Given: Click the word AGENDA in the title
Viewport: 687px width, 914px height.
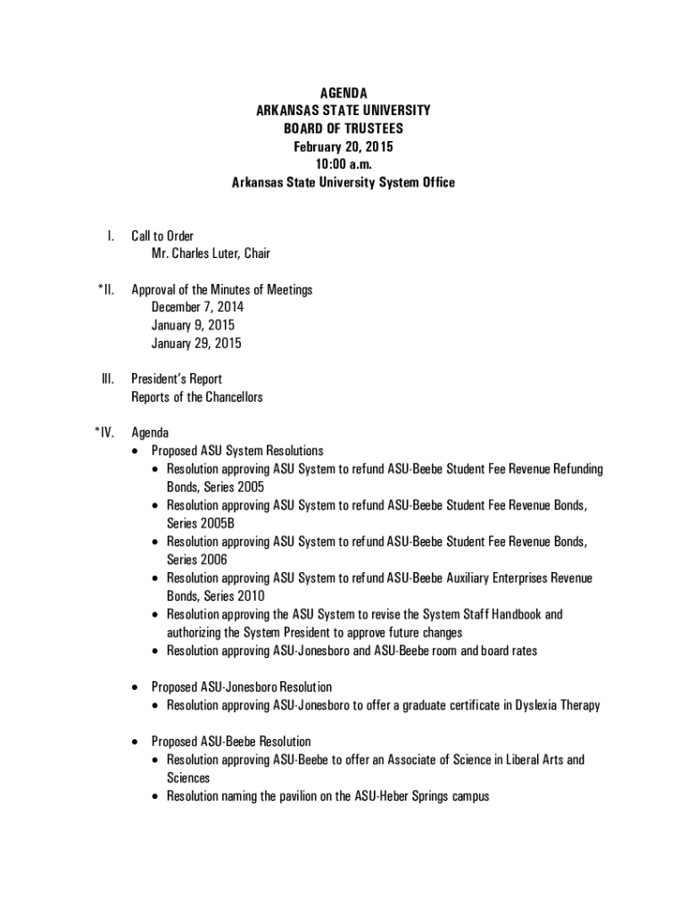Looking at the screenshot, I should click(343, 93).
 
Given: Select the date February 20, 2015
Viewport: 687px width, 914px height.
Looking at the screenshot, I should click(343, 146).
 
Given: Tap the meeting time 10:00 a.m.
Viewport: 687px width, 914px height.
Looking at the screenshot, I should click(343, 164).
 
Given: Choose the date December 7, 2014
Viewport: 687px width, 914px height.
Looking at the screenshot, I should click(197, 307).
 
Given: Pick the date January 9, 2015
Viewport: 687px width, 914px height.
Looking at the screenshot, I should click(193, 325).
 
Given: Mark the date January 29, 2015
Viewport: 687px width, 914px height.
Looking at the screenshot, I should click(196, 343).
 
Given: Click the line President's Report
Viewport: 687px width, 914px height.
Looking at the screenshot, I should click(177, 378).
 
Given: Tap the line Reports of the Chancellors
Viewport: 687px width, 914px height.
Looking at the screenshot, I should click(197, 397).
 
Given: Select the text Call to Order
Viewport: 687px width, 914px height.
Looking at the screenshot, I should click(162, 236).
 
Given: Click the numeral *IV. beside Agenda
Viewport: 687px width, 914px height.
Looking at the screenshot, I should click(104, 433).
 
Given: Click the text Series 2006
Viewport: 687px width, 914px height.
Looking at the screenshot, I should click(196, 560).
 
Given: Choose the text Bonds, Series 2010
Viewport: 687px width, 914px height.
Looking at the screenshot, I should click(215, 596).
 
